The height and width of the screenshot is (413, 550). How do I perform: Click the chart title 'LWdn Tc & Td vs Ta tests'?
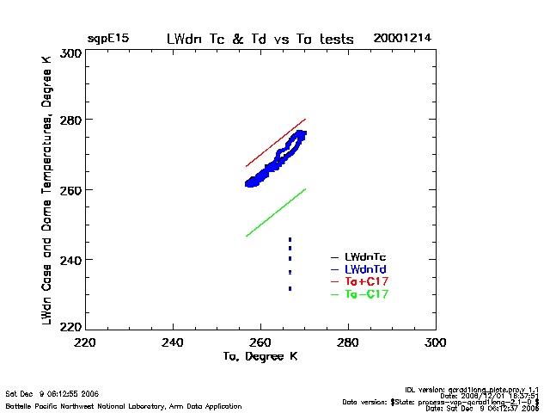pyautogui.click(x=259, y=40)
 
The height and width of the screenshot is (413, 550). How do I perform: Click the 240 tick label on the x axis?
pyautogui.click(x=174, y=342)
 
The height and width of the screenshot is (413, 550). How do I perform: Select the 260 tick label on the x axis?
pyautogui.click(x=260, y=342)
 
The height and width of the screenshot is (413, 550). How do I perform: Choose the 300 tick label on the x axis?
pyautogui.click(x=435, y=342)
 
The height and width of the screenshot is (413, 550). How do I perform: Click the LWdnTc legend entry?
pyautogui.click(x=365, y=256)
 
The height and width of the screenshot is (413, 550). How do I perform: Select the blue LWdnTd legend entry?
pyautogui.click(x=365, y=269)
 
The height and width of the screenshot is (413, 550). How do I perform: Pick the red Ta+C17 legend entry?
pyautogui.click(x=365, y=281)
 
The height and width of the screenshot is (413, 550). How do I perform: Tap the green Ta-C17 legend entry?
pyautogui.click(x=365, y=294)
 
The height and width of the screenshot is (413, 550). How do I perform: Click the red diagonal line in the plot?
pyautogui.click(x=275, y=143)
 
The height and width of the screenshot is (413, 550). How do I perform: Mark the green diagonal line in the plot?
pyautogui.click(x=275, y=213)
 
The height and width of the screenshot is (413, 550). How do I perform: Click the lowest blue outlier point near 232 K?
pyautogui.click(x=290, y=288)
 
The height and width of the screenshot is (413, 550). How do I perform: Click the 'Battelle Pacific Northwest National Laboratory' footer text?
pyautogui.click(x=124, y=405)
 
